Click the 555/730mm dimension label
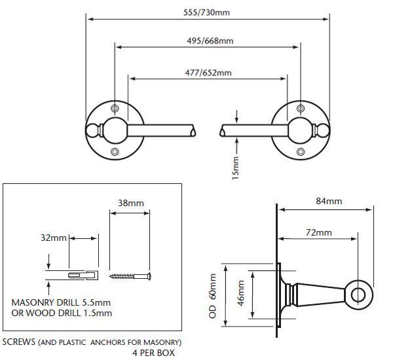[206, 12]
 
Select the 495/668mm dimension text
[210, 41]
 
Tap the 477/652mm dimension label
[208, 73]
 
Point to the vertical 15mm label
[235, 168]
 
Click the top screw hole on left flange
[115, 109]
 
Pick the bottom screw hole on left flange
[115, 152]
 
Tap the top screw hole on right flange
[301, 109]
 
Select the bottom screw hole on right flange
[301, 152]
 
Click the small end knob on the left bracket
[92, 130]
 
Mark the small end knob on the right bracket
[324, 130]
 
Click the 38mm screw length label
[131, 203]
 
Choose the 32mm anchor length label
[54, 238]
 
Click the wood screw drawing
[130, 276]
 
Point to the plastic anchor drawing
[83, 276]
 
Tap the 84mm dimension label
[329, 201]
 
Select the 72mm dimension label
[318, 232]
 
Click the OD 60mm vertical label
[212, 296]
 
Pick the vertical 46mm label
[240, 293]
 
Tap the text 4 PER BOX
[154, 353]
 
